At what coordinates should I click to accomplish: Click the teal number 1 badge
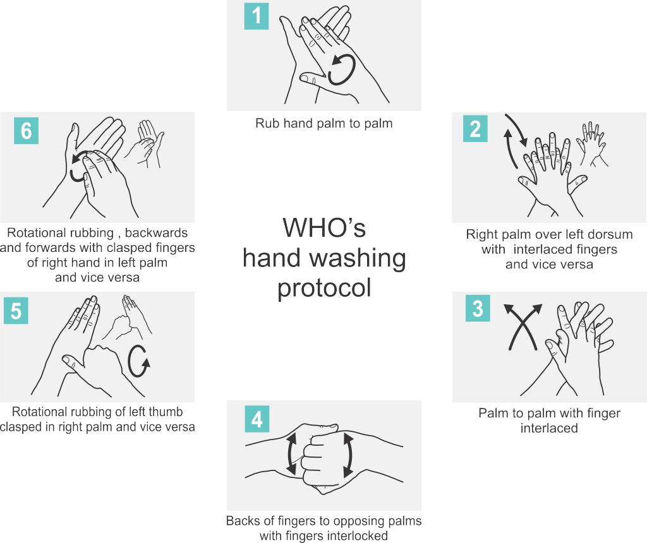257,16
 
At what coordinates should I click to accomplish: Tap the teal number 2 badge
475,129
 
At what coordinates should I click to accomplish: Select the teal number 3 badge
478,308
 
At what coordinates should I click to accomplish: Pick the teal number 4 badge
257,419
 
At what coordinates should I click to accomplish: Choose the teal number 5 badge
16,311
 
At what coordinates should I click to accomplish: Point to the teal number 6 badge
27,131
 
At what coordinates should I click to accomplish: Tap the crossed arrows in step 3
523,326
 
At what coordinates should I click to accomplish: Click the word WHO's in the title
324,227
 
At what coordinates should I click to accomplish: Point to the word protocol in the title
324,288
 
